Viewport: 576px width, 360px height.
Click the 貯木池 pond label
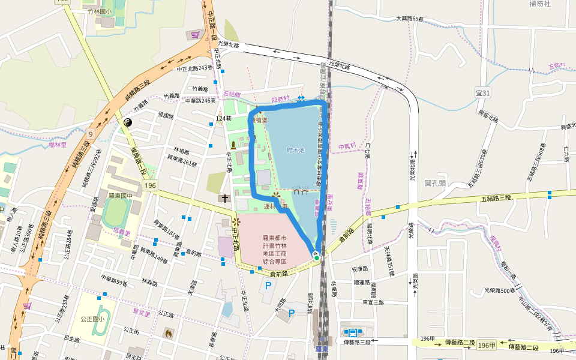[295, 150]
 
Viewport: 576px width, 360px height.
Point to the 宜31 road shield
[483, 92]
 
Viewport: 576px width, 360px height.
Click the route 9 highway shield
[90, 133]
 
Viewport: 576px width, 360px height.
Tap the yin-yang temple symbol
[128, 122]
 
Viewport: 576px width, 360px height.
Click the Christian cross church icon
[224, 199]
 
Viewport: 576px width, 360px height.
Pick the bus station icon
[352, 332]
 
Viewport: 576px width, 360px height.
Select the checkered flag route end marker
[316, 254]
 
